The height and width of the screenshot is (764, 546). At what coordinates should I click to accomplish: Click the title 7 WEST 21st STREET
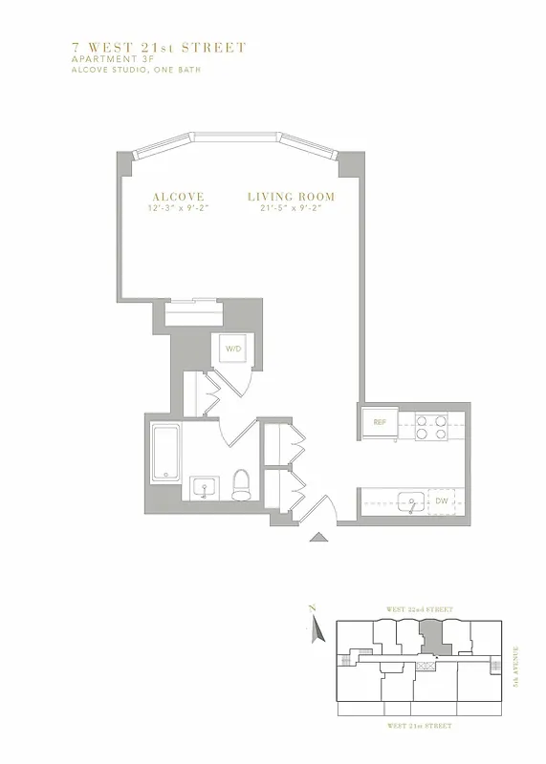pos(160,47)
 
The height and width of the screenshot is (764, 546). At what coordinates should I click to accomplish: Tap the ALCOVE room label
pos(176,197)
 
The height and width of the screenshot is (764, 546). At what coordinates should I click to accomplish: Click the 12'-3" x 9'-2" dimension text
pos(176,208)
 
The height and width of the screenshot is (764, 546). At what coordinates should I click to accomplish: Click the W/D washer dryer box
pos(233,350)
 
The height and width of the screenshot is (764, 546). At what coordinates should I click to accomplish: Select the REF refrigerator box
pos(379,422)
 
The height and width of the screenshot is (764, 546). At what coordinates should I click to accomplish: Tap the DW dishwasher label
pos(442,500)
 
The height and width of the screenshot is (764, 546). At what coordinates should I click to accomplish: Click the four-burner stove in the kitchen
pos(433,426)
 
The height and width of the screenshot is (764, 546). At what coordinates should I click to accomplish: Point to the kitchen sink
pos(411,499)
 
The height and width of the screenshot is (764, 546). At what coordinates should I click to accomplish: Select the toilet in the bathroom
pos(242,484)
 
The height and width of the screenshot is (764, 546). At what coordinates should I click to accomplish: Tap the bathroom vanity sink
pos(205,489)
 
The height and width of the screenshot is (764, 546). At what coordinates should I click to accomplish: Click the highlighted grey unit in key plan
pos(432,634)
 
